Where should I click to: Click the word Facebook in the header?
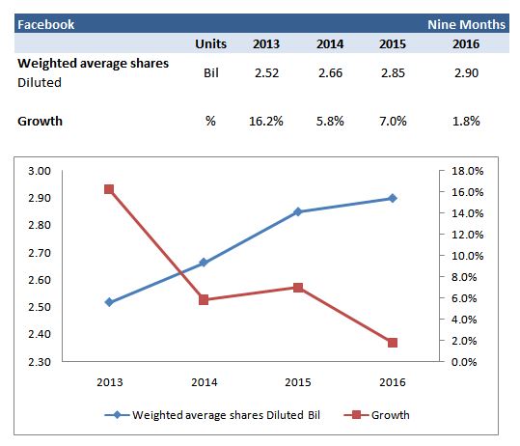[x=46, y=24]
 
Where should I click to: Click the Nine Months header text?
[x=466, y=24]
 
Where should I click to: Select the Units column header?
[x=210, y=44]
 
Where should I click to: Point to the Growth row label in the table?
[x=40, y=123]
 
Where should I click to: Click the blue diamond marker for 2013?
[x=109, y=302]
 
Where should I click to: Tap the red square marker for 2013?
[x=109, y=189]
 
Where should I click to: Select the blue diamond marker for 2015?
[x=297, y=211]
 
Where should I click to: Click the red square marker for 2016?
[x=391, y=343]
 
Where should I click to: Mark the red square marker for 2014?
[x=204, y=300]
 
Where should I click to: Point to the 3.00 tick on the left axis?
[x=41, y=171]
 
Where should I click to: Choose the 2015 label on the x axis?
[x=297, y=381]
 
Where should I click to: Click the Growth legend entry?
[x=381, y=415]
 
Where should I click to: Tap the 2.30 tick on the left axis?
[x=41, y=362]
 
